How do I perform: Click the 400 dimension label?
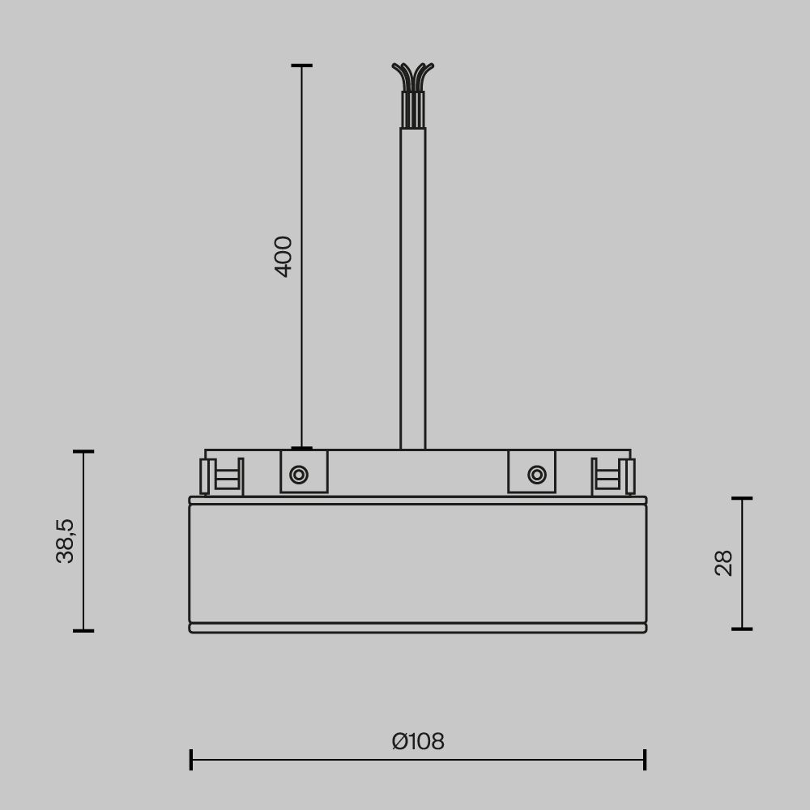coord(283,256)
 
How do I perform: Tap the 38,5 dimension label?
coord(65,540)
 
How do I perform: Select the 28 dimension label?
coord(724,563)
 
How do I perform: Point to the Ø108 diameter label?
coord(418,741)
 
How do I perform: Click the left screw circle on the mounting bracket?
coord(299,475)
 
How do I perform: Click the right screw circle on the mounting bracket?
coord(537,475)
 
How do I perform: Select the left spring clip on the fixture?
coord(222,476)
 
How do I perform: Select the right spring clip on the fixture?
coord(612,476)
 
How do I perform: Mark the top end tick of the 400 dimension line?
coord(302,66)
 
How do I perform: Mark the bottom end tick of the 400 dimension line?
coord(302,448)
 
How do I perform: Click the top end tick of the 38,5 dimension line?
coord(83,451)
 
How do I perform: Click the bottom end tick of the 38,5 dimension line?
coord(83,630)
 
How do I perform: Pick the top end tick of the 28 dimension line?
coord(742,498)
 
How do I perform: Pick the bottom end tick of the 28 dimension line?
coord(742,629)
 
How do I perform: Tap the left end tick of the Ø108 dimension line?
coord(191,760)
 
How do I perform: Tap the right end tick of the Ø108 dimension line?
coord(645,760)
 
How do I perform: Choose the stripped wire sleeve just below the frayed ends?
coord(413,109)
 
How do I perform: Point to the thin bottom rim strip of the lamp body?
coord(418,628)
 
